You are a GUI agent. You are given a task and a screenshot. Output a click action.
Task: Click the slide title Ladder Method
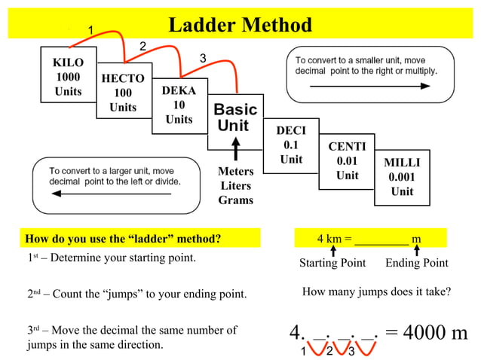click(x=240, y=25)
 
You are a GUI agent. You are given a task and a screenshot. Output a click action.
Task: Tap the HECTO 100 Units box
click(x=123, y=93)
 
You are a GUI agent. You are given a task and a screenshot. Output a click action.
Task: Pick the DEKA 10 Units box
click(x=179, y=105)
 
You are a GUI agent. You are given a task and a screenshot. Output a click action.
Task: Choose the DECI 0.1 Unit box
click(x=291, y=145)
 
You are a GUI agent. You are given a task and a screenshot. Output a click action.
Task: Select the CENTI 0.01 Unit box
click(x=347, y=160)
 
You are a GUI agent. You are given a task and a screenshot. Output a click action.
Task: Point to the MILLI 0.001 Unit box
click(x=402, y=177)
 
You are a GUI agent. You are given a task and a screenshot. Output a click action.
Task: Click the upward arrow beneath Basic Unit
click(x=236, y=148)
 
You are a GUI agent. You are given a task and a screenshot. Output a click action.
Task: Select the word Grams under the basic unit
click(x=235, y=200)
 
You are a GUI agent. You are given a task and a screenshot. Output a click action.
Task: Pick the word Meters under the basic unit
click(x=235, y=172)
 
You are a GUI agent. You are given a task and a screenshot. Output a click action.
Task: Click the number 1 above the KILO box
click(x=91, y=30)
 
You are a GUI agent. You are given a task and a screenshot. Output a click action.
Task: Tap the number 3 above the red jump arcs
click(x=202, y=59)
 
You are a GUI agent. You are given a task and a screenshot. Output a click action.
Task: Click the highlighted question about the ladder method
click(x=124, y=239)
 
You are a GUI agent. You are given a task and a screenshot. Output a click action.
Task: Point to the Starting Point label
click(x=332, y=263)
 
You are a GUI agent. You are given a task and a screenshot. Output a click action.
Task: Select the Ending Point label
click(x=416, y=263)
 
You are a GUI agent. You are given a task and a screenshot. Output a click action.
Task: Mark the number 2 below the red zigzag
click(x=329, y=351)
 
